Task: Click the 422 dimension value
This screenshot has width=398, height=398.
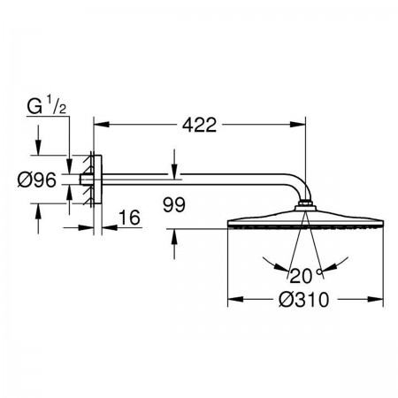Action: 199,125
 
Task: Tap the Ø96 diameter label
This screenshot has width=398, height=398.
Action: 37,180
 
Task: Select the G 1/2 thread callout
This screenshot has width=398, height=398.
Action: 46,106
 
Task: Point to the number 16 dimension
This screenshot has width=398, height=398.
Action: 129,218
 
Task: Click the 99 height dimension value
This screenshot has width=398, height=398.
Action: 174,204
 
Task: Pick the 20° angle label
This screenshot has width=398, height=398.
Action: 305,276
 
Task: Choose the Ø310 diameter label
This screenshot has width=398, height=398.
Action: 303,300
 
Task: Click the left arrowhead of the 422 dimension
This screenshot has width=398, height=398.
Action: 102,125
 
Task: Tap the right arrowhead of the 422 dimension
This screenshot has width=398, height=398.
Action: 298,125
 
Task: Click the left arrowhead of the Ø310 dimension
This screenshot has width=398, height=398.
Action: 235,300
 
